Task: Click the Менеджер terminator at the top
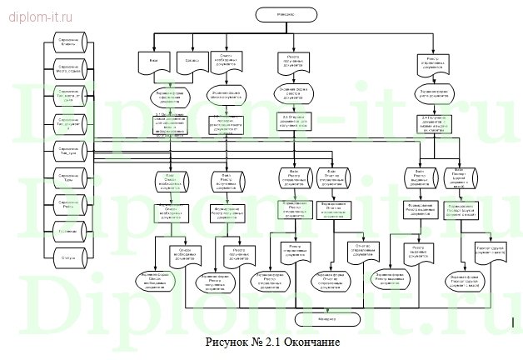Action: pos(284,13)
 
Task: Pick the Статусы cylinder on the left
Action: pos(68,257)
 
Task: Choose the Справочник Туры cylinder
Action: pos(68,176)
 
